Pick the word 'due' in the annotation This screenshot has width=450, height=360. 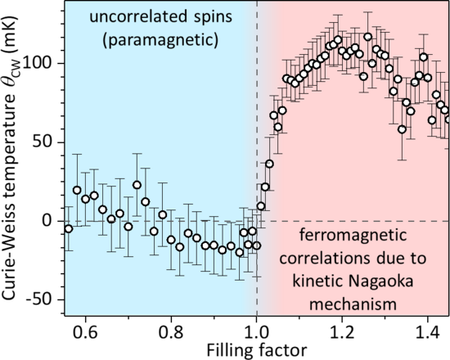coord(391,259)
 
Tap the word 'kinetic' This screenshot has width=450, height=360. coord(317,282)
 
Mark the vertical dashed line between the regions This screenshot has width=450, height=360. coord(257,123)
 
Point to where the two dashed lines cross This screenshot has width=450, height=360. coord(257,221)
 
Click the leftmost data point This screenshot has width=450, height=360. coord(68,228)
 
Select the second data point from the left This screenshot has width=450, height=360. coord(77,190)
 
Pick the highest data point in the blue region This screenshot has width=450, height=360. coord(137,185)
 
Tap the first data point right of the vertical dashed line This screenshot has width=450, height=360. coord(261,206)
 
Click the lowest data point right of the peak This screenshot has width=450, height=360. coord(402,129)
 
